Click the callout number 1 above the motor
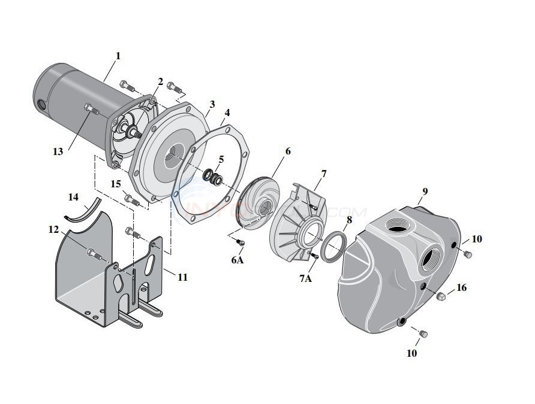118,56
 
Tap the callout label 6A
237,260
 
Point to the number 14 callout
73,196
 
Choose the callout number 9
425,192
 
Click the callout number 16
461,288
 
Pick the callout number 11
182,278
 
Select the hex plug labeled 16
441,296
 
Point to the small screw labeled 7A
312,256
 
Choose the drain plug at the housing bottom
421,333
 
